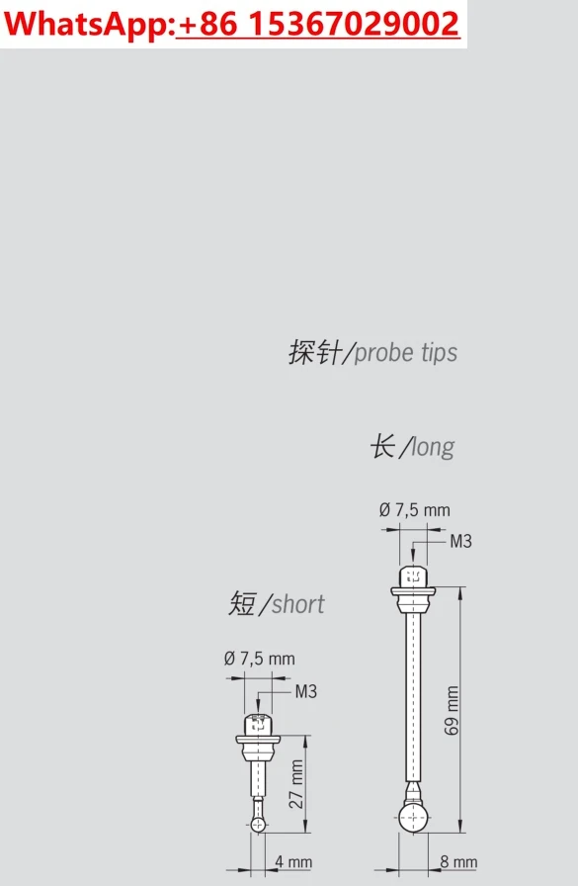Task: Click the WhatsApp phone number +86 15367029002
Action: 318,24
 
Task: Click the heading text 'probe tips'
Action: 406,353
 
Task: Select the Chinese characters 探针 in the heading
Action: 315,352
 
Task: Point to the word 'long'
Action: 433,448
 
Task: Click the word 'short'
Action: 298,604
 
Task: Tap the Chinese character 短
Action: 243,603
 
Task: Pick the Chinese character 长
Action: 382,446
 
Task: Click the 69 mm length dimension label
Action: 452,710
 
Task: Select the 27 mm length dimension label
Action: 295,784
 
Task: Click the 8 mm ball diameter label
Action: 458,861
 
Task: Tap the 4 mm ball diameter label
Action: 293,862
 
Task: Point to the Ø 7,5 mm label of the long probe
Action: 415,510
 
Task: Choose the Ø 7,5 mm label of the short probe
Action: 260,659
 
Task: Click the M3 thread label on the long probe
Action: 460,541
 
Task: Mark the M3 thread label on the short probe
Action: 306,691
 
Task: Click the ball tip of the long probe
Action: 413,818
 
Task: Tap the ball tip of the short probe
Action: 258,825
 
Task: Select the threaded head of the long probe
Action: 413,576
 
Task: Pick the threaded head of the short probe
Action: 259,725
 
